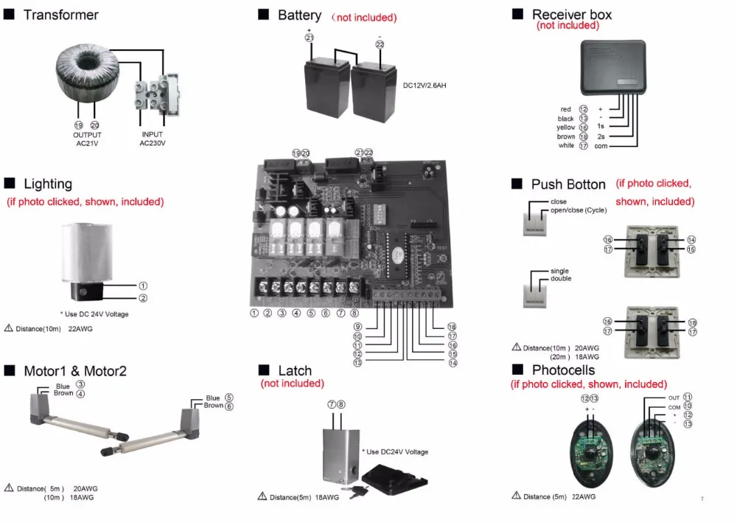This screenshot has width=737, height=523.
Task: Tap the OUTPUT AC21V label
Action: click(x=87, y=139)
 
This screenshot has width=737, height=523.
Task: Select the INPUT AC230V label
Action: click(x=153, y=139)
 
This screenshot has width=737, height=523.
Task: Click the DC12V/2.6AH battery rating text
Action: click(x=425, y=86)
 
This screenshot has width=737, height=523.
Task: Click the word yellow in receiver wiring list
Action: click(x=565, y=128)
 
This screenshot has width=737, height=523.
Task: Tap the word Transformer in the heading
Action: click(x=60, y=15)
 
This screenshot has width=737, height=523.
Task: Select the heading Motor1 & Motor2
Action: click(x=75, y=370)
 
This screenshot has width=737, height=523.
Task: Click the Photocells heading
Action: click(x=563, y=370)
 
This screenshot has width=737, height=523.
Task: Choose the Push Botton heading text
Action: click(x=568, y=184)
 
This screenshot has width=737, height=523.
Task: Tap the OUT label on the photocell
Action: click(x=674, y=398)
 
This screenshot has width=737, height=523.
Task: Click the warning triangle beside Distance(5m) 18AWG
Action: click(x=262, y=496)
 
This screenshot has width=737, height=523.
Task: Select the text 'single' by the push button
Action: click(x=559, y=271)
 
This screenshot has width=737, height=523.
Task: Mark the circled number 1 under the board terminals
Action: click(x=254, y=313)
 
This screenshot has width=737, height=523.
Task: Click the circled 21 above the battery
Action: click(x=309, y=37)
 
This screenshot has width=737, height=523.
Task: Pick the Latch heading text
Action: click(x=295, y=370)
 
